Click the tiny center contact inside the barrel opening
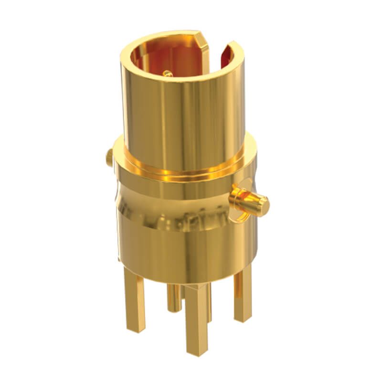click(167, 73)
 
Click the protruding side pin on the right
click(251, 201)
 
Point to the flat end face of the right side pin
click(263, 205)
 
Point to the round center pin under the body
click(173, 296)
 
